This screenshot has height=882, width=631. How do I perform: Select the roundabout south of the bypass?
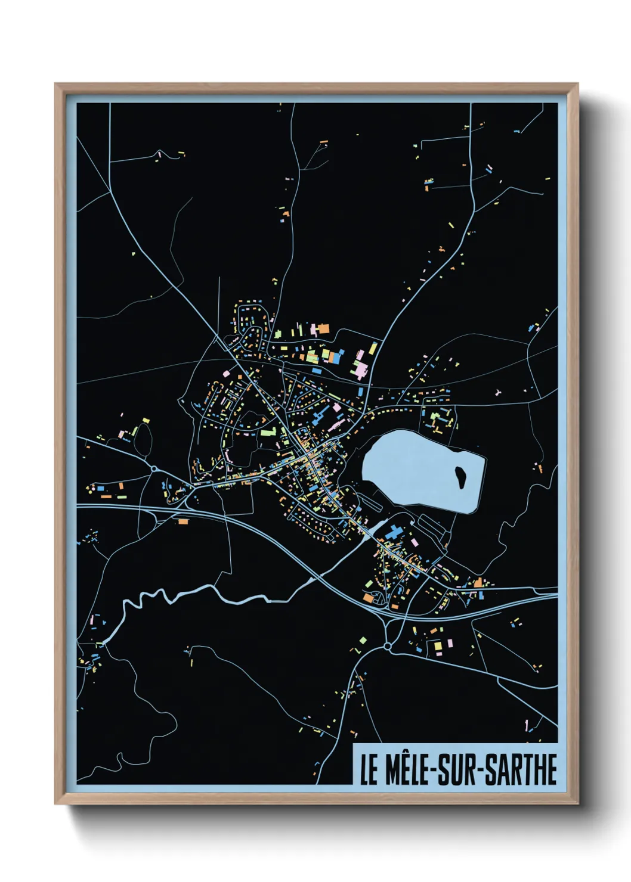(388, 646)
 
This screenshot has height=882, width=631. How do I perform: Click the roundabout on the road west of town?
(154, 469)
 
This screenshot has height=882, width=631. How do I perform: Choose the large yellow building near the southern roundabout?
(438, 645)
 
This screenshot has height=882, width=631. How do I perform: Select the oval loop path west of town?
(142, 439)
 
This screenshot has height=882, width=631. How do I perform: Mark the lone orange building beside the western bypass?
(183, 521)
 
